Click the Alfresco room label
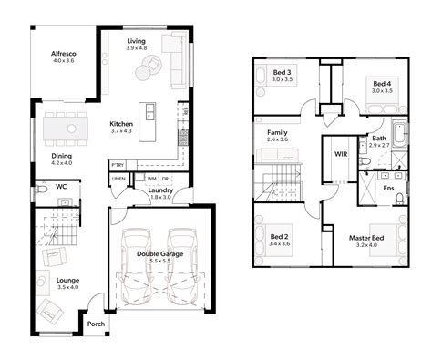pos(63,54)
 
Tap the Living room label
pos(136,41)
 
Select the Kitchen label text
pos(121,124)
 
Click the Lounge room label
pos(67,281)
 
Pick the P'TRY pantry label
pos(118,165)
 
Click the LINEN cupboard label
pos(119,180)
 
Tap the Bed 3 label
pos(283,72)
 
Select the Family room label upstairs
pos(278,132)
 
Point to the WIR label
pos(342,155)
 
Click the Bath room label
pos(378,139)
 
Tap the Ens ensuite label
pos(388,188)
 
